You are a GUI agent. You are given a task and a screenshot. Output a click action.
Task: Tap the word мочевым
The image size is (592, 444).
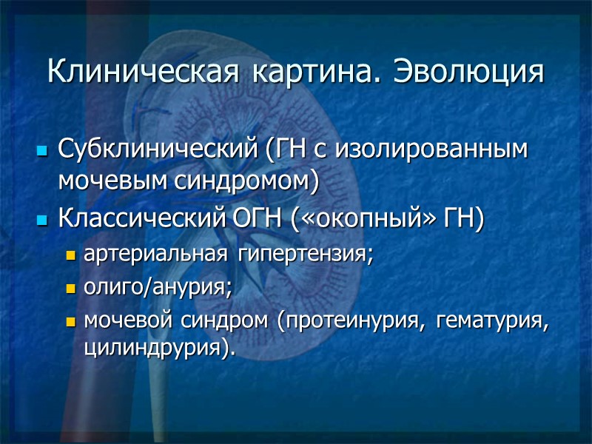pos(104,180)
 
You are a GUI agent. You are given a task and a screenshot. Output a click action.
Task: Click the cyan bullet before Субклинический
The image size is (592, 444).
pos(41,152)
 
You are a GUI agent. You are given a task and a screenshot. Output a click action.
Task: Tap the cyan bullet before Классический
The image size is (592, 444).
pos(41,221)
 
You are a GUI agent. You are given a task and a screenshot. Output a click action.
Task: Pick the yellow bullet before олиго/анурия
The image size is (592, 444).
pos(71,290)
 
